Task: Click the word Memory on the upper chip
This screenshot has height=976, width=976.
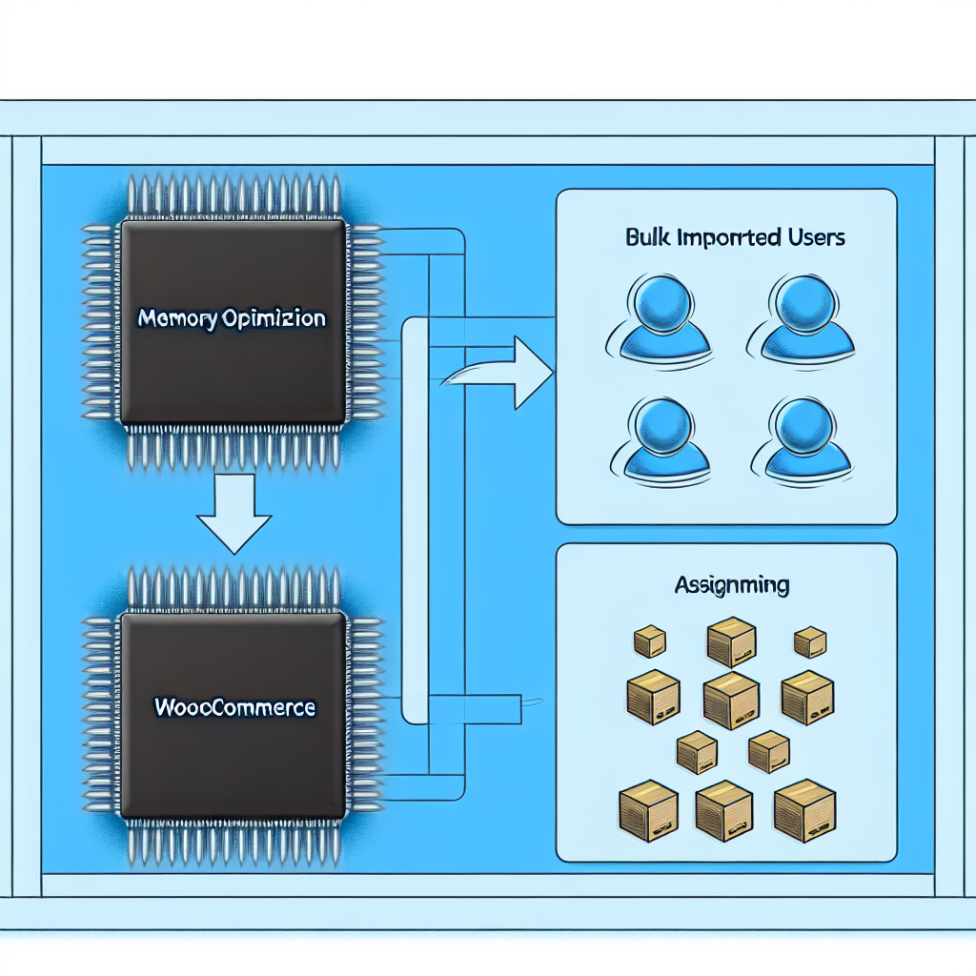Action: tap(174, 317)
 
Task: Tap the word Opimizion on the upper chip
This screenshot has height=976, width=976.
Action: tap(273, 317)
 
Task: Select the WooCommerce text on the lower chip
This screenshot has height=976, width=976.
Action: tap(234, 707)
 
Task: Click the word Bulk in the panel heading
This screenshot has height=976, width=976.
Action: tap(647, 237)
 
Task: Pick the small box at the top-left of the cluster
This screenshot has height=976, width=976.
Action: tap(650, 640)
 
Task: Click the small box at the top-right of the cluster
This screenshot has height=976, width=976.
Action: tap(809, 640)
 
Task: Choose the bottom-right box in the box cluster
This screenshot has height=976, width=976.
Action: tap(804, 811)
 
